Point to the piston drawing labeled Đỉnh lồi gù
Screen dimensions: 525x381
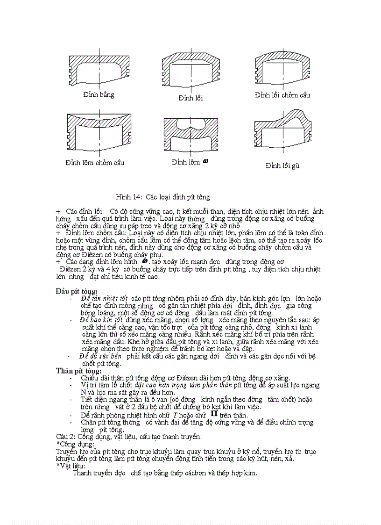[283, 133]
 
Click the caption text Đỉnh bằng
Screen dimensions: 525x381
[99, 95]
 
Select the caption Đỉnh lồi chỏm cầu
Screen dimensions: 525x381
[282, 95]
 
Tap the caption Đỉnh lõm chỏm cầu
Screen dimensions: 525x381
[95, 163]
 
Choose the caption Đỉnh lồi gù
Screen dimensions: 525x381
[282, 165]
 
